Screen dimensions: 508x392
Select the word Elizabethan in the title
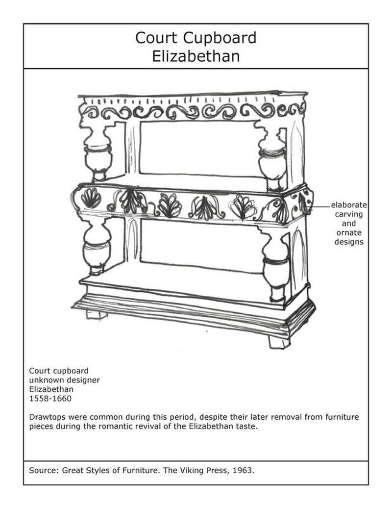[196, 56]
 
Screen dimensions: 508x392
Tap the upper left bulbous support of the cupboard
[98, 152]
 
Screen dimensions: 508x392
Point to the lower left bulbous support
[97, 245]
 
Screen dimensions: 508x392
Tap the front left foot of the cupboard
[97, 314]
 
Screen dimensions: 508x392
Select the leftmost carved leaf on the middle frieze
[91, 198]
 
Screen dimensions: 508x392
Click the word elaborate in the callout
[348, 205]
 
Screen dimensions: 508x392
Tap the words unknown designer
[64, 380]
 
